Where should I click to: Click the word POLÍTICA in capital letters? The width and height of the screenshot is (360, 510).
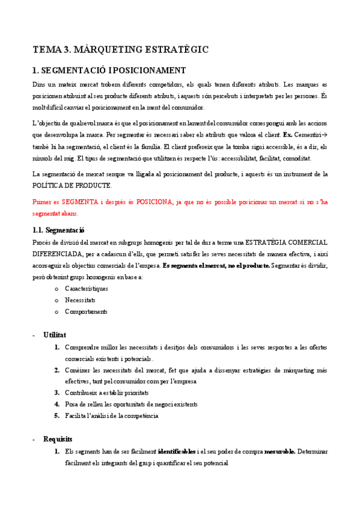coord(47,185)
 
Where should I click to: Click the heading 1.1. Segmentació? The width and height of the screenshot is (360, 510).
coord(58,230)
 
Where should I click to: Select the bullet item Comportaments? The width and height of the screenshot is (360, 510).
coord(86,312)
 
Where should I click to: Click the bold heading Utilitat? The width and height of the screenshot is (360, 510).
coord(54,334)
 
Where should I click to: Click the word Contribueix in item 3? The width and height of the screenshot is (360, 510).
coord(84,392)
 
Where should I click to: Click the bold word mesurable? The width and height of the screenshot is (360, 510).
coord(279,451)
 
